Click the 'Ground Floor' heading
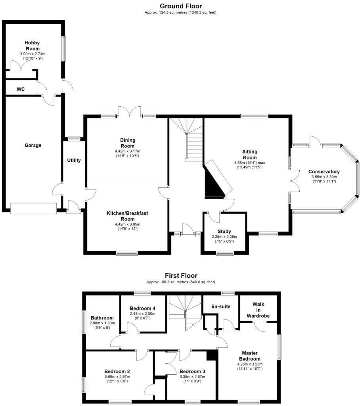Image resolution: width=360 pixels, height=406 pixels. click(x=180, y=6)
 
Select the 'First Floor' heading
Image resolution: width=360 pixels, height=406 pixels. click(x=181, y=276)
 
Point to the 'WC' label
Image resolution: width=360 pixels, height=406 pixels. click(x=21, y=89)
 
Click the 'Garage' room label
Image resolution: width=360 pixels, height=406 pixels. click(x=33, y=146)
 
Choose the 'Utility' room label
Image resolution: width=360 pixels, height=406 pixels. click(x=74, y=161)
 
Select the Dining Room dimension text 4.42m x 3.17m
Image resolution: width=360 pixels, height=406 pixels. click(x=128, y=151)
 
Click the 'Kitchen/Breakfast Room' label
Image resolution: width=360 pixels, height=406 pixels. click(x=127, y=216)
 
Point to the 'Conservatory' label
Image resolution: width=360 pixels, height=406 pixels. click(x=324, y=172)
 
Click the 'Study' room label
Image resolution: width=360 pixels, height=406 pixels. click(x=224, y=232)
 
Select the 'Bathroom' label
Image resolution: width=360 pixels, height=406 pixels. click(x=102, y=318)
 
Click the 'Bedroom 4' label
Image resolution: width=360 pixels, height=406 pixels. click(x=143, y=308)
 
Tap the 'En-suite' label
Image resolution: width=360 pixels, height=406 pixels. click(x=221, y=306)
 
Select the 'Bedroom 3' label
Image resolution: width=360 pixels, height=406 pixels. click(x=192, y=371)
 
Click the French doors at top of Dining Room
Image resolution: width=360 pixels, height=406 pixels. click(x=129, y=112)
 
